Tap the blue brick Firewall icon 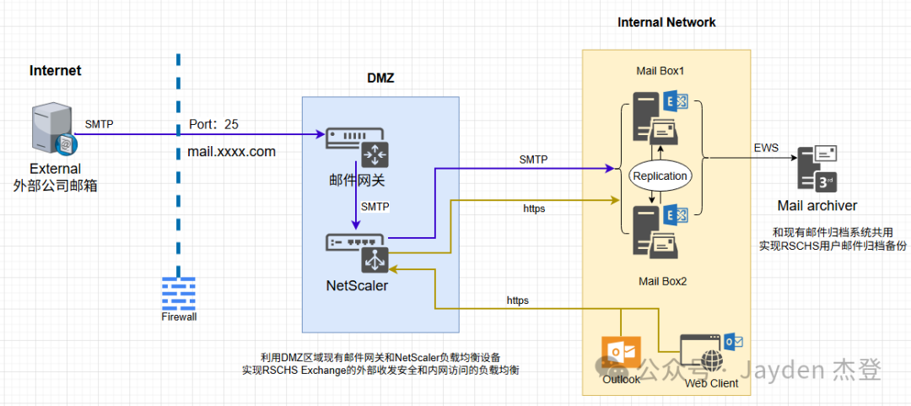[179, 293]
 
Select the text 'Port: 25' [213, 124]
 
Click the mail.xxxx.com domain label [232, 153]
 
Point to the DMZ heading [380, 78]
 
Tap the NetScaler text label [357, 285]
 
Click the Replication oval [660, 176]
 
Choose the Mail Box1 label [660, 71]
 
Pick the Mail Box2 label [662, 281]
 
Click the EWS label [767, 149]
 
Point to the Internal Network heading [666, 22]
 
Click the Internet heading [56, 71]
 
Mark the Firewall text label [179, 317]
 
